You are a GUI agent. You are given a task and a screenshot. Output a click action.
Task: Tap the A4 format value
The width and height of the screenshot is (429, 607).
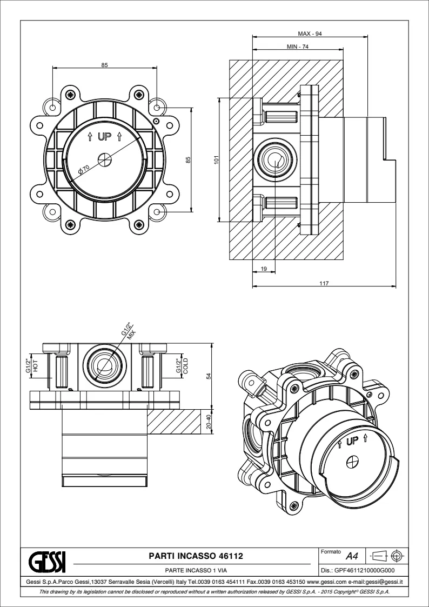[x=352, y=556]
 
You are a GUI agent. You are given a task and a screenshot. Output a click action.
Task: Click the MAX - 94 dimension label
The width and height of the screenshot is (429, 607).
[x=310, y=34]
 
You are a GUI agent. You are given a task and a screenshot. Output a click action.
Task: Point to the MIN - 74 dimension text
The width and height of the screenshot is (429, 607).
[x=297, y=48]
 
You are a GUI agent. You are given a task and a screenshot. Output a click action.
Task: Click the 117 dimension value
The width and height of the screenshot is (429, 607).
[x=324, y=283]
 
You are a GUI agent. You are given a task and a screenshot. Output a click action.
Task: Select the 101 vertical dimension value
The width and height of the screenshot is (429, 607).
[x=216, y=159]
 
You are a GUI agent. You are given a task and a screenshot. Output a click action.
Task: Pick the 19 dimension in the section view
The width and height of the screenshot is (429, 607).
[x=264, y=269]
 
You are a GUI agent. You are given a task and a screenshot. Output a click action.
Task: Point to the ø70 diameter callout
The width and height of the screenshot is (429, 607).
[x=83, y=170]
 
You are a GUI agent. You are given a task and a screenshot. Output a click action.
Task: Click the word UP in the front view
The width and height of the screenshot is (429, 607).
[x=104, y=137]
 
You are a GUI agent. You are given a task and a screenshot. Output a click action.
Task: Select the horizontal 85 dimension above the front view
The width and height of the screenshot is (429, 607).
[x=105, y=65]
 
